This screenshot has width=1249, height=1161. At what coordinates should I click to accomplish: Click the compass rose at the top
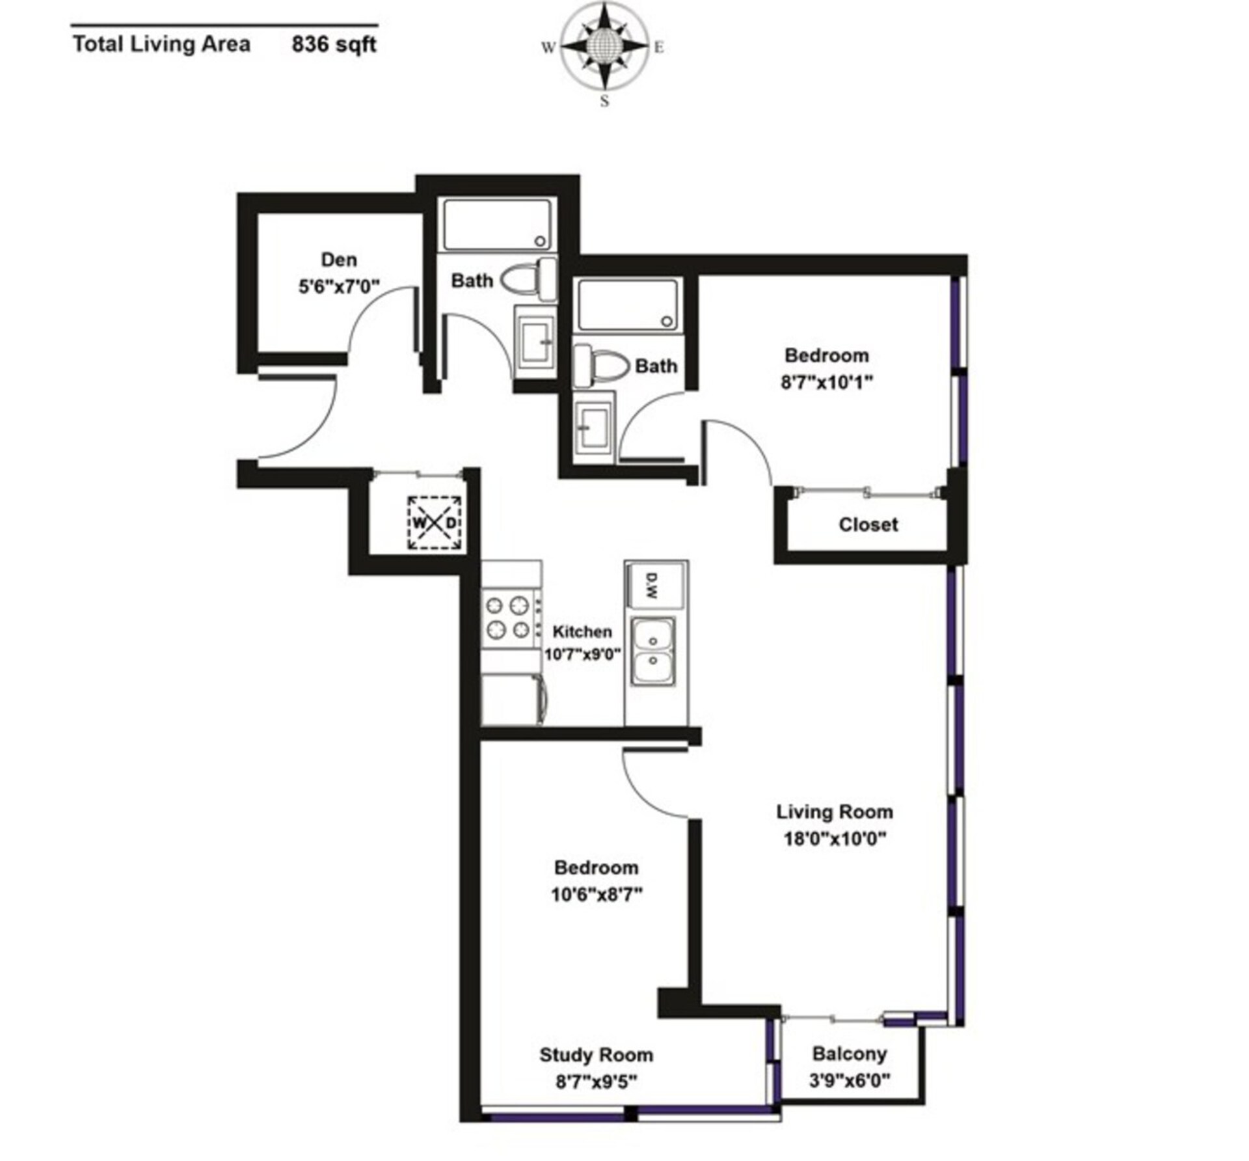coord(605,47)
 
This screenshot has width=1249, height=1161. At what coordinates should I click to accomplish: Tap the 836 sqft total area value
coord(334,45)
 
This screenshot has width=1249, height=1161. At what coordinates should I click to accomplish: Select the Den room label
coord(339,260)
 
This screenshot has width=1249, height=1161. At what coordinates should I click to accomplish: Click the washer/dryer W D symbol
coord(435,523)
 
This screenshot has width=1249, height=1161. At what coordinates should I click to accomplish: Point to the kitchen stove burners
coord(508,618)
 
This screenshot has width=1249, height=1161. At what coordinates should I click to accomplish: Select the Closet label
coord(868,525)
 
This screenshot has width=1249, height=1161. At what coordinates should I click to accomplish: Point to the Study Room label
coord(596,1054)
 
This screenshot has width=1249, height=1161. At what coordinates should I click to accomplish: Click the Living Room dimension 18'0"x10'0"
coord(835,839)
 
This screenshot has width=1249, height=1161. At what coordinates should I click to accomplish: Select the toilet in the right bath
coord(600,366)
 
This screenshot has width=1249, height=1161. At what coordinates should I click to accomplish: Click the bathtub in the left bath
coord(498,225)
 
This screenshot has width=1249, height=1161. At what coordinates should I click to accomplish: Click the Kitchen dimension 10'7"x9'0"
coord(583,654)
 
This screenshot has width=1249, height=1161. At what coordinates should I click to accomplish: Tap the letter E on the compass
coord(659,48)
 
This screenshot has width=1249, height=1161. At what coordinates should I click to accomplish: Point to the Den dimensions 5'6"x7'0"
coord(339,286)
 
